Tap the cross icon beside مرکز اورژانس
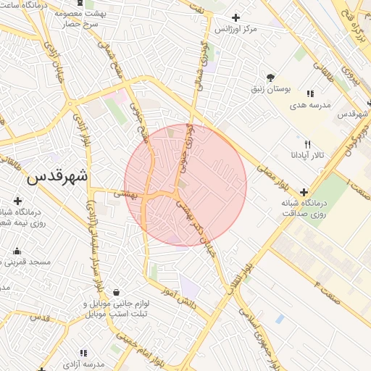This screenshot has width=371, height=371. pyautogui.click(x=235, y=17)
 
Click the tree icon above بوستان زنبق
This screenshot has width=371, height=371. pyautogui.click(x=270, y=77)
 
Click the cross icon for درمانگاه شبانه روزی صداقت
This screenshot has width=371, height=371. pyautogui.click(x=303, y=192)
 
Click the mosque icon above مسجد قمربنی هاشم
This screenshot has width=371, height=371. pyautogui.click(x=17, y=251)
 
